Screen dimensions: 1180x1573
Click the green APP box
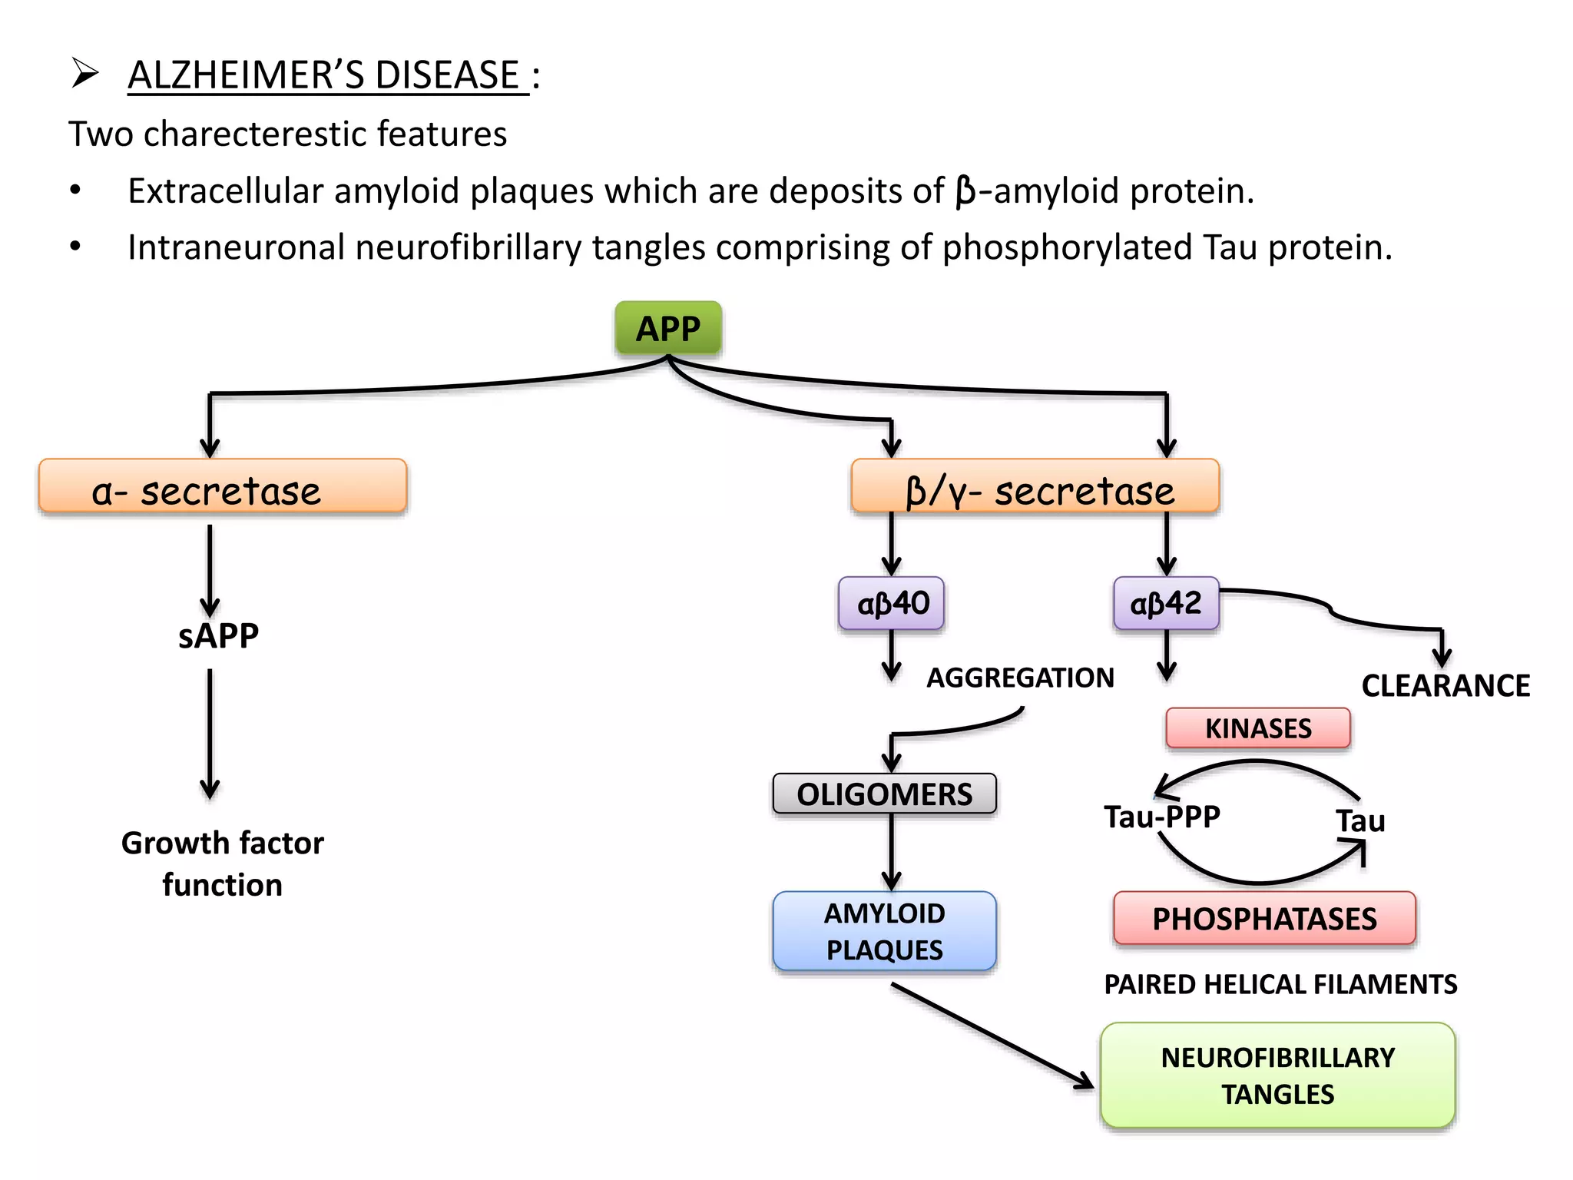(667, 329)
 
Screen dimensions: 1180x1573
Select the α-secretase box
(222, 486)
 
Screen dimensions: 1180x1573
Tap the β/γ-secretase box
(1035, 486)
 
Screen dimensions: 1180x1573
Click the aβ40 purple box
(891, 604)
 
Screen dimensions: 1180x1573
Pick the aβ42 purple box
(1166, 604)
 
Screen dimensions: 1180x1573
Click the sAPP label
(218, 636)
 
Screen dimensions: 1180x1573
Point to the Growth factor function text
(223, 863)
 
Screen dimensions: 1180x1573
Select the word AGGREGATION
(1020, 678)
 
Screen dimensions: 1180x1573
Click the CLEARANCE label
(1446, 686)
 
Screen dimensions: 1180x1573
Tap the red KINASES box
(1258, 728)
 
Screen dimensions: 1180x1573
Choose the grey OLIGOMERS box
(884, 794)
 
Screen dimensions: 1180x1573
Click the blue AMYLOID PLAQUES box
(884, 931)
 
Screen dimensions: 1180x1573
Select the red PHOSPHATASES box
(1264, 919)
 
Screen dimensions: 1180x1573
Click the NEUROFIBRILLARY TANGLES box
(1277, 1076)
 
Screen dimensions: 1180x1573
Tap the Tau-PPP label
(1162, 817)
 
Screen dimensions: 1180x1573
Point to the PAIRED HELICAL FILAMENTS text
(1280, 985)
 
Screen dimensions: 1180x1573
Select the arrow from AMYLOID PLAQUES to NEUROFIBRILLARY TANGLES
(991, 1035)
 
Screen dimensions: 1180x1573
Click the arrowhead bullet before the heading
(84, 74)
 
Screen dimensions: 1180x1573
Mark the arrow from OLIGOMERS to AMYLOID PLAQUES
(891, 851)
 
